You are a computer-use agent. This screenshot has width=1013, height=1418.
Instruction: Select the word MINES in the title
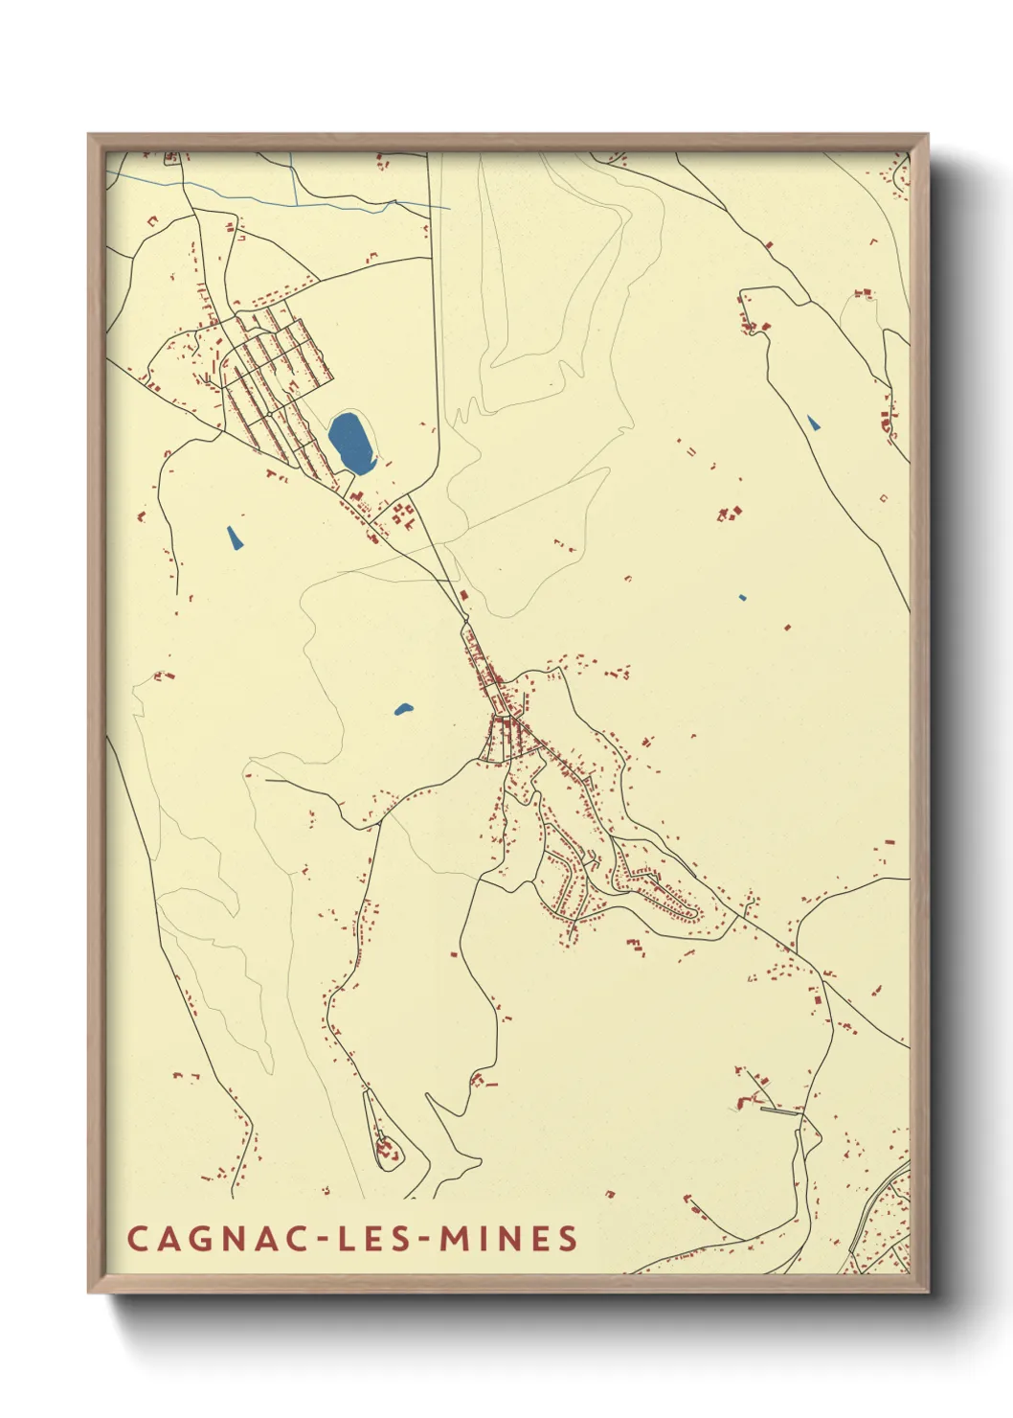pos(508,1238)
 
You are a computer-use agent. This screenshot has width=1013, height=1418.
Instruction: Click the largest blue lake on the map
pos(350,442)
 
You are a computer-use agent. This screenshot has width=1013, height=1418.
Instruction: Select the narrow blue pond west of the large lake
pos(234,537)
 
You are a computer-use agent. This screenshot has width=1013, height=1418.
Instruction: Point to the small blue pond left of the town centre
pos(403,710)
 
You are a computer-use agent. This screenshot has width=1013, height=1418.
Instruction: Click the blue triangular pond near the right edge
pos(813,422)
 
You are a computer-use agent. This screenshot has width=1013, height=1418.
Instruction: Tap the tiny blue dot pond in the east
pos(743,598)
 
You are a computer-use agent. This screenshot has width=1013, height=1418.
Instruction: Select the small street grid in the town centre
pos(506,738)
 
